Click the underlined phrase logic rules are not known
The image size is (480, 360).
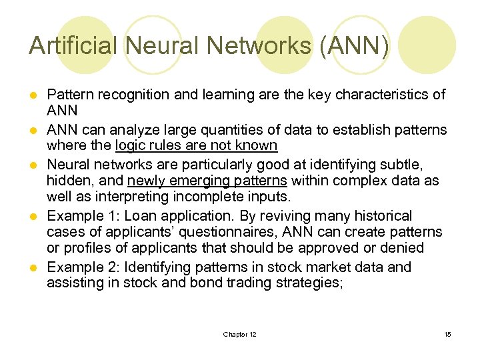(196, 145)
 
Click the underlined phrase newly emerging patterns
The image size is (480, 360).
(207, 181)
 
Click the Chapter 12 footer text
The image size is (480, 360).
(239, 334)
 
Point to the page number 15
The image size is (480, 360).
(447, 334)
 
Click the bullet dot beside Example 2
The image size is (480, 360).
(33, 267)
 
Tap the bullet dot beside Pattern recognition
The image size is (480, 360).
(33, 95)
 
